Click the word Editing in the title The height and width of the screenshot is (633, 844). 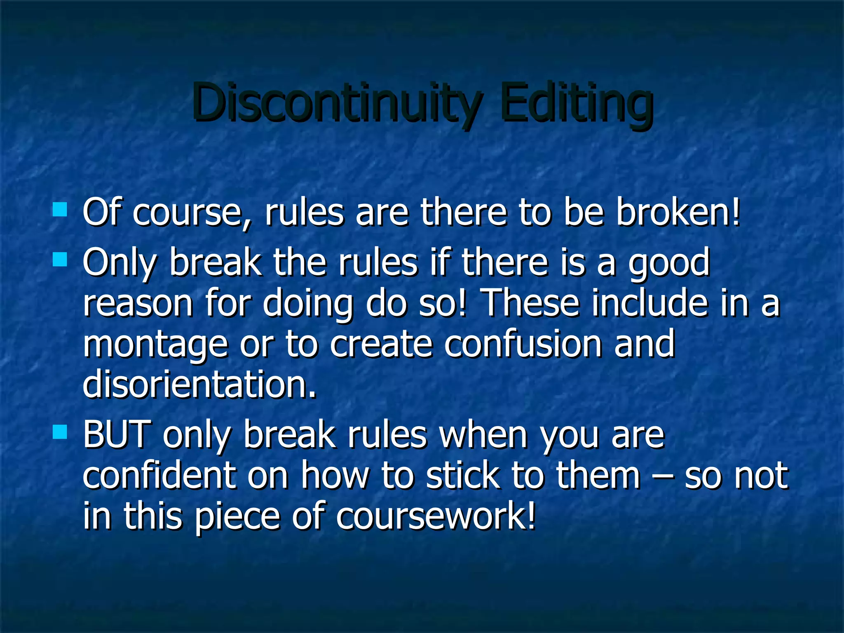click(577, 103)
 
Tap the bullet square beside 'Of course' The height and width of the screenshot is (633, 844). click(60, 209)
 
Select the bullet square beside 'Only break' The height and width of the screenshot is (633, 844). click(60, 260)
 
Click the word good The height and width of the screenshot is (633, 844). click(669, 264)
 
